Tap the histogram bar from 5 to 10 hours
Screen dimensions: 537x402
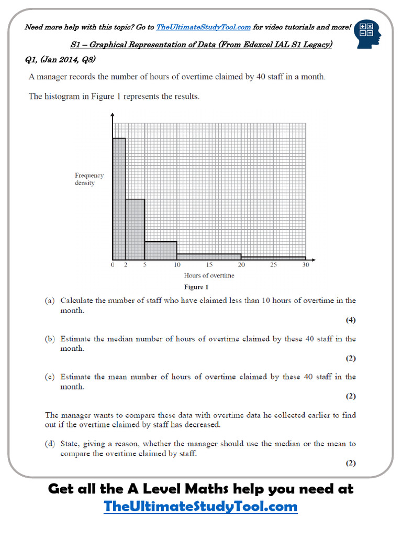tap(161, 250)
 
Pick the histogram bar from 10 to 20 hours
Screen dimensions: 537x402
tap(209, 256)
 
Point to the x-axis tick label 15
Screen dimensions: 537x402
tap(209, 265)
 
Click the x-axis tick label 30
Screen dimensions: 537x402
tap(306, 265)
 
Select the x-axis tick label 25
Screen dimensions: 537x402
tap(273, 265)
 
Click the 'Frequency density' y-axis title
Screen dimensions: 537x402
tap(89, 179)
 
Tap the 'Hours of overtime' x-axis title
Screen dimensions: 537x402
tap(209, 275)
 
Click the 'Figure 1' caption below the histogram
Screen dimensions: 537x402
tap(196, 287)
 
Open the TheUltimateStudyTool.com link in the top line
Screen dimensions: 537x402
tap(203, 27)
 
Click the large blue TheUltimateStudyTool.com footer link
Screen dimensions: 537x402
tap(200, 507)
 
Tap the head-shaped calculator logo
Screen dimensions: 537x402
tap(367, 34)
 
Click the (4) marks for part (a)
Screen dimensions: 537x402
tap(351, 320)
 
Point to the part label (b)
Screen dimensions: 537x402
tap(50, 339)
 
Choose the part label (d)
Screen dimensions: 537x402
tap(50, 444)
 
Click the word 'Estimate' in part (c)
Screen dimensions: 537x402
tap(76, 377)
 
